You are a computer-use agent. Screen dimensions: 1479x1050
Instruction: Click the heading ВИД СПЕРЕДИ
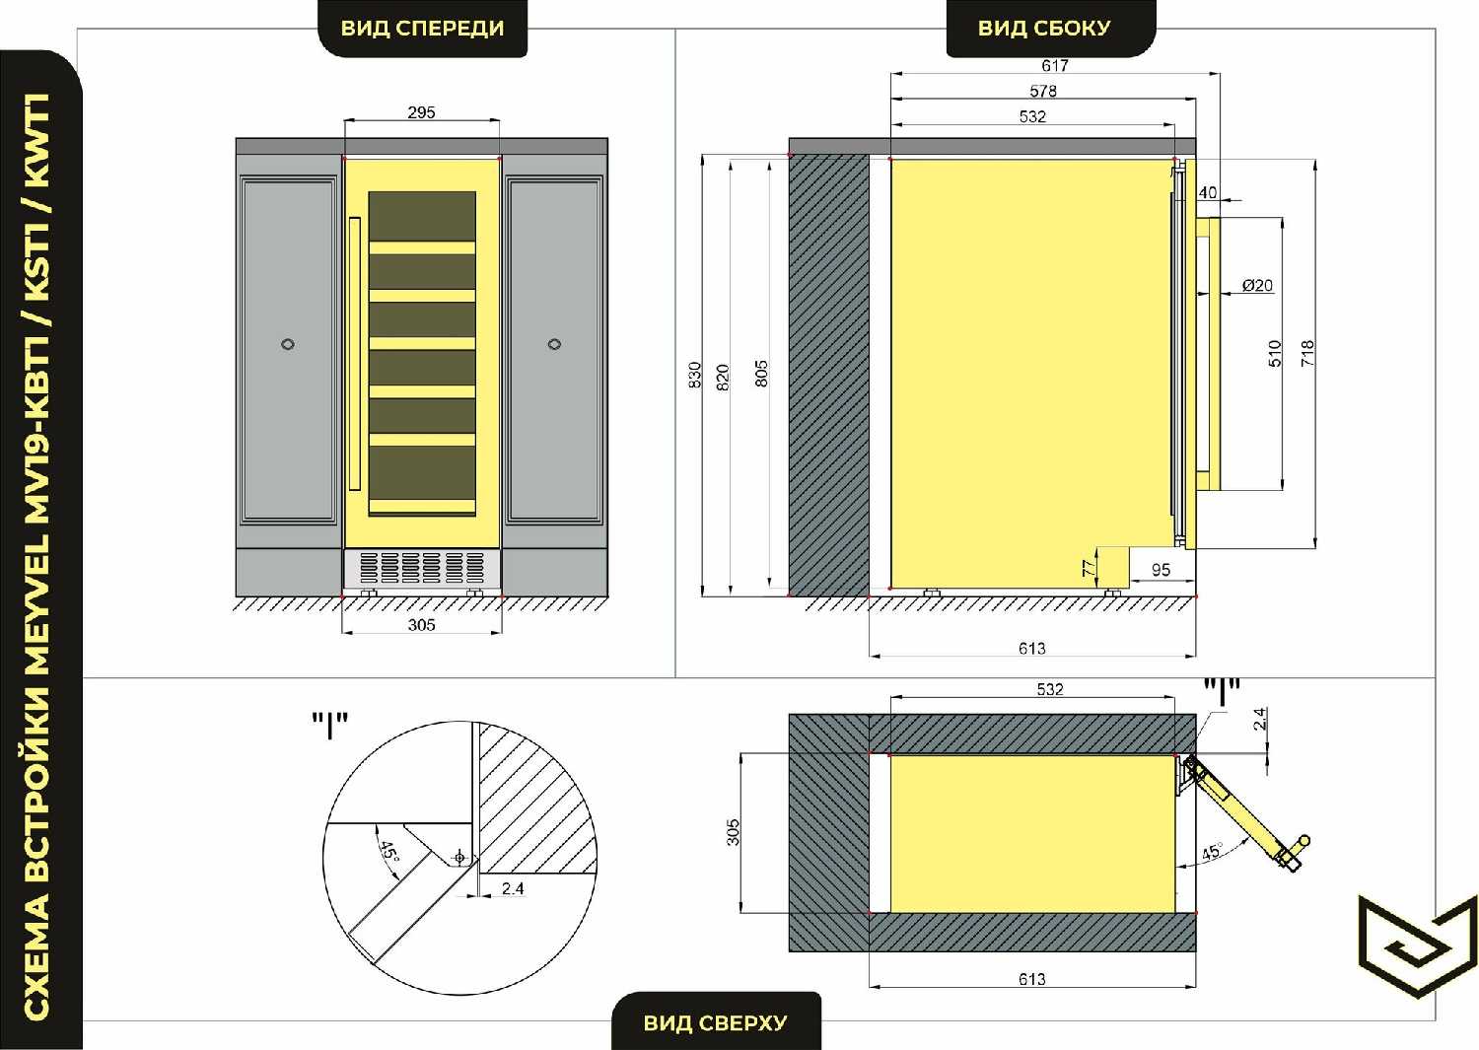[423, 29]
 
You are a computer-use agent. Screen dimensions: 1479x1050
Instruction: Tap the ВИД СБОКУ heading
[1044, 29]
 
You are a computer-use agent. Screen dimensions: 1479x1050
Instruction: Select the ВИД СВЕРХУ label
[716, 1023]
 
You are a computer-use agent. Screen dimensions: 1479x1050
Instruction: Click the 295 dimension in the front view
[421, 112]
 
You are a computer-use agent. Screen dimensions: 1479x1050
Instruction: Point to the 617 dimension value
[1055, 65]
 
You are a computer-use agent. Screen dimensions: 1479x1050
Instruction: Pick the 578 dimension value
[1043, 91]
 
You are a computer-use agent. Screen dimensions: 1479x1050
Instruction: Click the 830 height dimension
[694, 375]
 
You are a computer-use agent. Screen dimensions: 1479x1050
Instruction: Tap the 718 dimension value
[1307, 353]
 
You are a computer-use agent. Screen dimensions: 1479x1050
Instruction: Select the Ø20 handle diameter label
[1257, 285]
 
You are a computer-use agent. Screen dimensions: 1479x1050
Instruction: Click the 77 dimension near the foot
[1090, 568]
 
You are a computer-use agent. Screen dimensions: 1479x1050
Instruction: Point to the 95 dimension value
[1161, 569]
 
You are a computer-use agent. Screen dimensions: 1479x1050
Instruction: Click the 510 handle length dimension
[1274, 353]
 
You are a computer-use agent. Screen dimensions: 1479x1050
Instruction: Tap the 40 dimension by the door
[1208, 192]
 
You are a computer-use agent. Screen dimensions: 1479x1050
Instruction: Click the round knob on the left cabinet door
[288, 344]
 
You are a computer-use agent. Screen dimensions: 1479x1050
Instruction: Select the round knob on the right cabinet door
[554, 344]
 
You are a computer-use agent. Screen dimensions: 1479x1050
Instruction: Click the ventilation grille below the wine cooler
[422, 568]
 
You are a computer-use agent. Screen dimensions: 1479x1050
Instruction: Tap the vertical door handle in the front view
[355, 354]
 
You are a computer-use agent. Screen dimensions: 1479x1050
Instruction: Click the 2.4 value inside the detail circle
[513, 888]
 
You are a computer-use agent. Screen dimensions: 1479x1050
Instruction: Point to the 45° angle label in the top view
[1212, 851]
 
